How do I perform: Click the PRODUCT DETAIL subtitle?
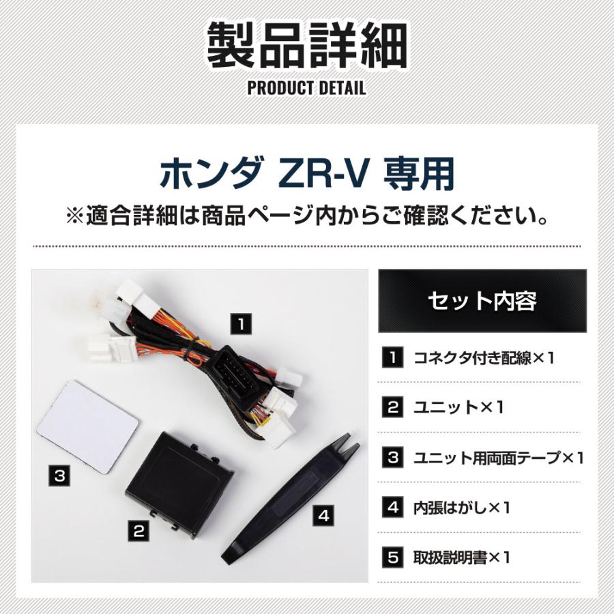tap(306, 88)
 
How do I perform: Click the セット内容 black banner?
tap(482, 300)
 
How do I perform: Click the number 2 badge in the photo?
tap(139, 529)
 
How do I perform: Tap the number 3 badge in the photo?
tap(60, 475)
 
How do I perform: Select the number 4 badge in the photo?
tap(324, 516)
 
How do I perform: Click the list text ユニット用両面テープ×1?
tap(498, 458)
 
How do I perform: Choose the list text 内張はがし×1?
tap(462, 508)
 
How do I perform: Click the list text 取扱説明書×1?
tap(462, 557)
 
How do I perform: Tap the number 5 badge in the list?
tap(392, 557)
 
